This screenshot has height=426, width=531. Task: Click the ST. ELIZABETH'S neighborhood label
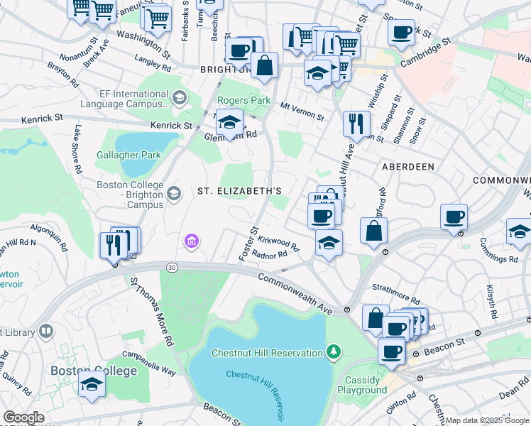pos(239,191)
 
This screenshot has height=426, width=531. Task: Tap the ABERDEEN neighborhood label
pos(408,165)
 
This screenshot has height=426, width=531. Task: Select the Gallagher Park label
pos(128,154)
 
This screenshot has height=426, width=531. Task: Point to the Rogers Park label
pos(243,101)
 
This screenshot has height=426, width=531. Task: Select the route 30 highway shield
pos(171,267)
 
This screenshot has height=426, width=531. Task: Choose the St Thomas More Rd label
pos(151,310)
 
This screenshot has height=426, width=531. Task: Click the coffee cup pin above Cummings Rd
pos(454,217)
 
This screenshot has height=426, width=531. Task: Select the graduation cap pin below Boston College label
pos(92,384)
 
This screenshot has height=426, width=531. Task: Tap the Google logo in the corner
pos(23,417)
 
